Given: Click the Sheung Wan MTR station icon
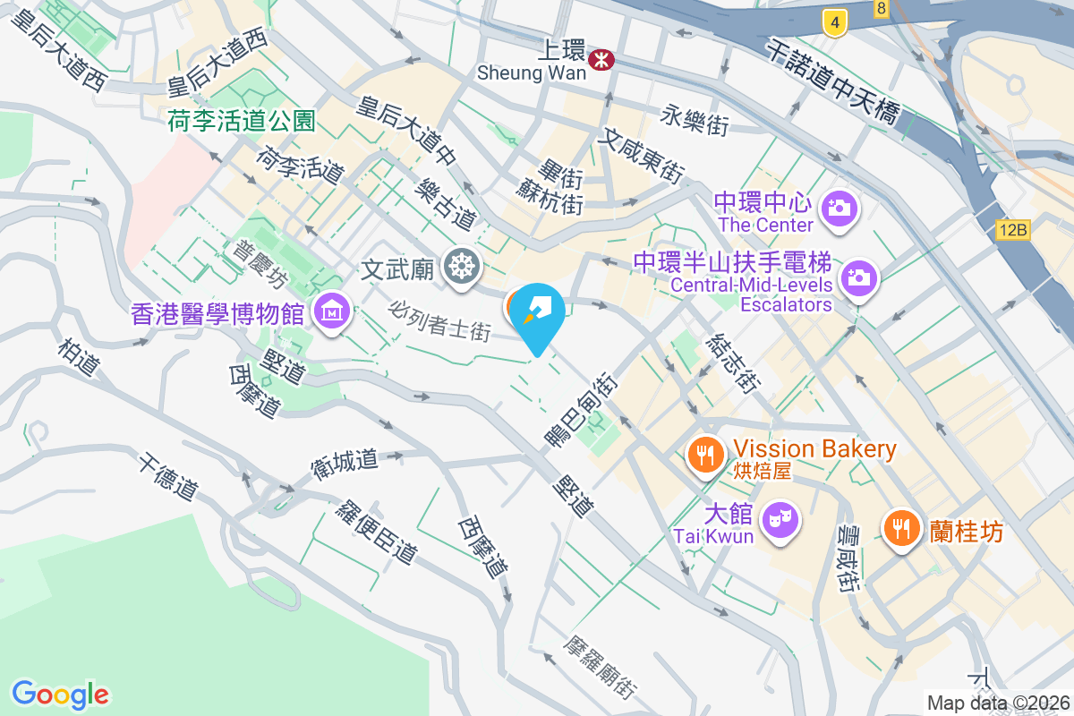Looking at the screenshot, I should pyautogui.click(x=601, y=60).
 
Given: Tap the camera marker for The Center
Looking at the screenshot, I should pyautogui.click(x=841, y=209).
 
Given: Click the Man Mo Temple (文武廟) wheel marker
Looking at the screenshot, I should pyautogui.click(x=462, y=267).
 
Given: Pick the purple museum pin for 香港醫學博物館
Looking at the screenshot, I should pyautogui.click(x=332, y=312).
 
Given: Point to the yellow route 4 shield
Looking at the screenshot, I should pyautogui.click(x=834, y=23).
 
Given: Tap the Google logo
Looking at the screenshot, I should pyautogui.click(x=60, y=694).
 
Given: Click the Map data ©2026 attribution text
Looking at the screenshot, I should pyautogui.click(x=997, y=703).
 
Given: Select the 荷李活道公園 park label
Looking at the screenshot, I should pyautogui.click(x=242, y=122).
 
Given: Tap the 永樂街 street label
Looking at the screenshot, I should pyautogui.click(x=695, y=120).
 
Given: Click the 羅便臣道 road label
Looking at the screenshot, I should pyautogui.click(x=376, y=532).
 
